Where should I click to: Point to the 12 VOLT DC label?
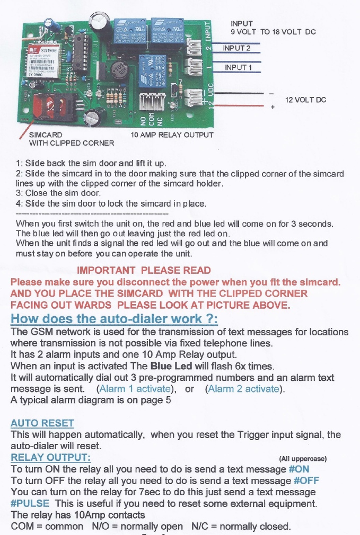[x=305, y=100]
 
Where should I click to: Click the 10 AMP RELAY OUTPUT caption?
[x=172, y=135]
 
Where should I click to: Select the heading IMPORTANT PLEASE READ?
[x=144, y=271]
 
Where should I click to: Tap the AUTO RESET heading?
[x=42, y=423]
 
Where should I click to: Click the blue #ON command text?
[x=298, y=469]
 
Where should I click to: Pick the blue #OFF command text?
[x=306, y=480]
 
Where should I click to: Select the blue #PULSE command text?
[x=30, y=503]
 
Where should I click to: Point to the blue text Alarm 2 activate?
[x=245, y=389]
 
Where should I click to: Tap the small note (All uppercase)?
[x=303, y=459]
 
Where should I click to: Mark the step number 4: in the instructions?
[x=20, y=203]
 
